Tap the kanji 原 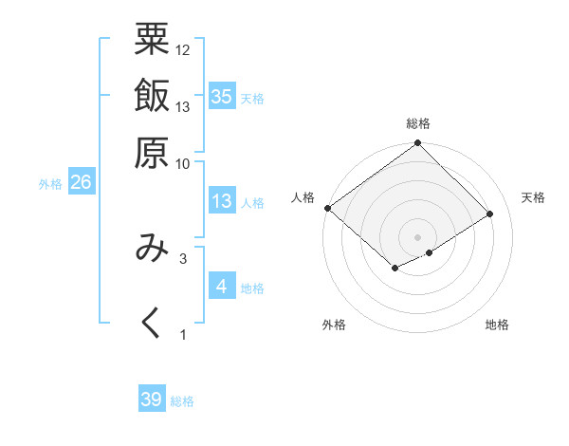click(x=152, y=152)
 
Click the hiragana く click(x=152, y=323)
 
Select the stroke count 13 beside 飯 click(x=182, y=106)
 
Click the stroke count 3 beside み click(x=182, y=257)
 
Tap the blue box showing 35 click(x=222, y=96)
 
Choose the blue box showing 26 click(x=81, y=183)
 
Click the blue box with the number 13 click(x=222, y=201)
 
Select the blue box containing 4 click(x=222, y=286)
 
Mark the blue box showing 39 click(x=152, y=400)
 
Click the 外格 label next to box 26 click(x=50, y=184)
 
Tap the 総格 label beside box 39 click(x=183, y=401)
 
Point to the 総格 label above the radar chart click(x=418, y=124)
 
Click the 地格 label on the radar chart click(x=497, y=325)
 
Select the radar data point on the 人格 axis click(x=327, y=208)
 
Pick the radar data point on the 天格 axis click(x=490, y=214)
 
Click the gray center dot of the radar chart click(x=417, y=236)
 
